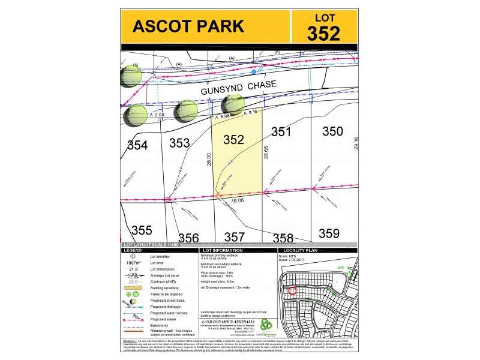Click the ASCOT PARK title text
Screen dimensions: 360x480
coord(188,26)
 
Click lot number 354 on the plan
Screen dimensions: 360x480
coord(137,145)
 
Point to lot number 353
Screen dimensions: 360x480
coord(179,143)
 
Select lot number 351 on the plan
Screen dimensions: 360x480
coord(281,132)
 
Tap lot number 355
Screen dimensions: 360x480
coord(142,230)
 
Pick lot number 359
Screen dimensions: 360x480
coord(329,233)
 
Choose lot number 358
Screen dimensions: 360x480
coord(282,238)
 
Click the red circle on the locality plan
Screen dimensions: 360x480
coord(292,291)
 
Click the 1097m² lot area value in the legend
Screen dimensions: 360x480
coord(133,263)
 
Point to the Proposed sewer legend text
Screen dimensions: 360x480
coord(166,320)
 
